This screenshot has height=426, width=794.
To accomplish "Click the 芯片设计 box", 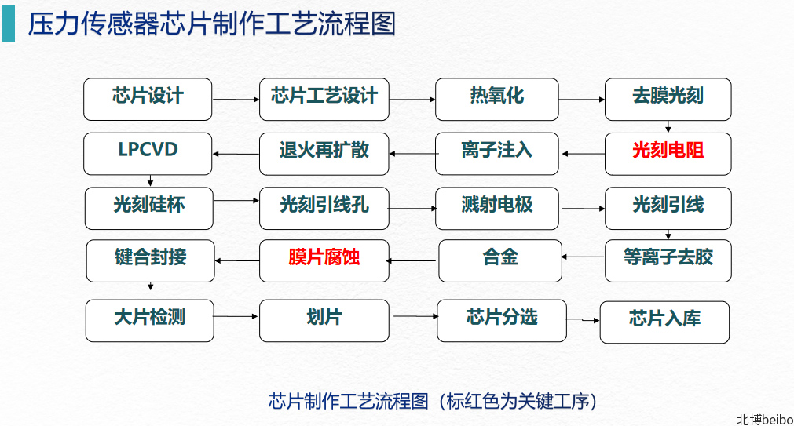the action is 148,99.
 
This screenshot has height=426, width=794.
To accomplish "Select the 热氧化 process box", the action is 497,99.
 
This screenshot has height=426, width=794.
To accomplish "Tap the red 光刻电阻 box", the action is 668,154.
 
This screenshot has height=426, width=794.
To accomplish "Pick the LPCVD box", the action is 148,154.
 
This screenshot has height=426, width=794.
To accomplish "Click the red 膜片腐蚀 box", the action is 324,260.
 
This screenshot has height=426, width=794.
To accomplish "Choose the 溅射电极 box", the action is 497,209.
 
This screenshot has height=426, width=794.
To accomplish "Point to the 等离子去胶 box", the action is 668,260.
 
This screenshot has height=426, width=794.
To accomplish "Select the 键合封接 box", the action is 150,260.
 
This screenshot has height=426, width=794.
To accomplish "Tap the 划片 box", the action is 324,321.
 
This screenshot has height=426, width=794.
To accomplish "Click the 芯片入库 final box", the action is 664,322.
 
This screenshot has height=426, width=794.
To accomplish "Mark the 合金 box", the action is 500,260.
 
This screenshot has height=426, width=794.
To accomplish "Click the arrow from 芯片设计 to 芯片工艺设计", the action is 236,100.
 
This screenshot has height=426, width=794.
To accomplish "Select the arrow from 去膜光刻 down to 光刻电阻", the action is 668,126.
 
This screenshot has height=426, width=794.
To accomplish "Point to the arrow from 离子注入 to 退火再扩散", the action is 412,154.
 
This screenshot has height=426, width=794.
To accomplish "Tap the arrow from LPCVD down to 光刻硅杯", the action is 150,180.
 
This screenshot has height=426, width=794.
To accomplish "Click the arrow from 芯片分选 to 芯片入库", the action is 583,320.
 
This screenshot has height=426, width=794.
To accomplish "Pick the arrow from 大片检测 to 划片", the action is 236,317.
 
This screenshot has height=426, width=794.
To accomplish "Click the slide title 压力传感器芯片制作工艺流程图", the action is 212,24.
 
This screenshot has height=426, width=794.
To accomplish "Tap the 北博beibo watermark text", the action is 765,420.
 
